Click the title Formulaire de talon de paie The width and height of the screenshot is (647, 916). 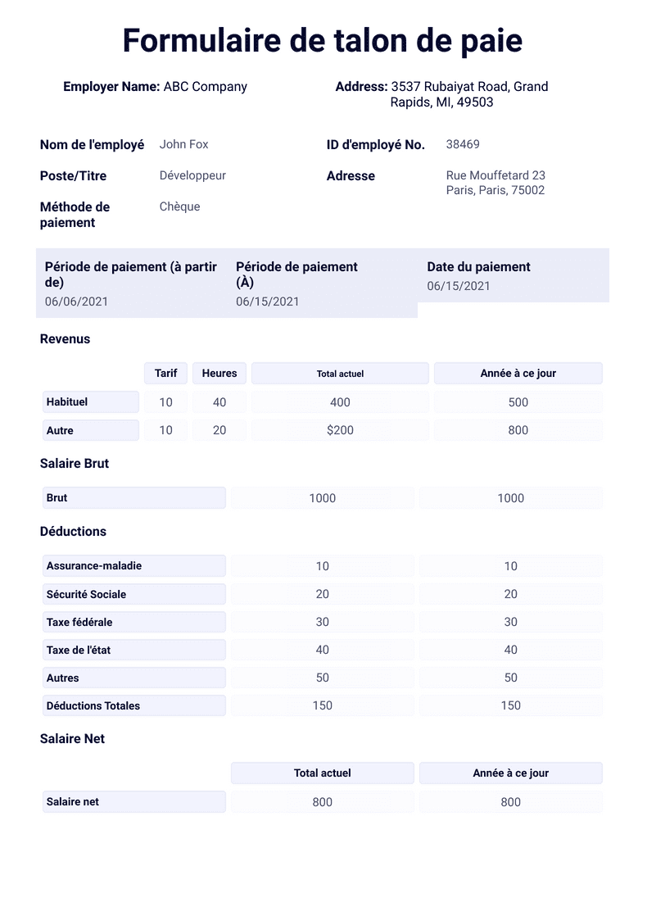323,41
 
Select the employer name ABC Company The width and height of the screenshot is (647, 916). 205,86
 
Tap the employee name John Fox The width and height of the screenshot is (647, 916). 183,144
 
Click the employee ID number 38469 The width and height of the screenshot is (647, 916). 463,144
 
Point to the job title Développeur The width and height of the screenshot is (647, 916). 192,175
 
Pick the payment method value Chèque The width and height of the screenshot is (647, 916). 179,206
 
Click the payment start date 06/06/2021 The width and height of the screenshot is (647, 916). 76,302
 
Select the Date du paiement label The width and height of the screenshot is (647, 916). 478,266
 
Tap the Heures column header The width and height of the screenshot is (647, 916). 219,373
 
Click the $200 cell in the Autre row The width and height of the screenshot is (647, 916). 340,430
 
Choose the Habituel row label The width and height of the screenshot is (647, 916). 67,402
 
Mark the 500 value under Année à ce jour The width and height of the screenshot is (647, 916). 518,402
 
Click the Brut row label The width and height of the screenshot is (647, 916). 57,497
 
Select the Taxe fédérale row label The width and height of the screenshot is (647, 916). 79,622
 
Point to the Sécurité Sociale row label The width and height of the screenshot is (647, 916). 86,594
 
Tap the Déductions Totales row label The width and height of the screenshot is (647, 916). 93,705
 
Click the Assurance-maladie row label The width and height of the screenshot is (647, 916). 94,565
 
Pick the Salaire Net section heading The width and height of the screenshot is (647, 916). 72,738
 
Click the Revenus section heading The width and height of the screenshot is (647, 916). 65,338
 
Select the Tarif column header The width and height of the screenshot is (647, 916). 165,373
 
